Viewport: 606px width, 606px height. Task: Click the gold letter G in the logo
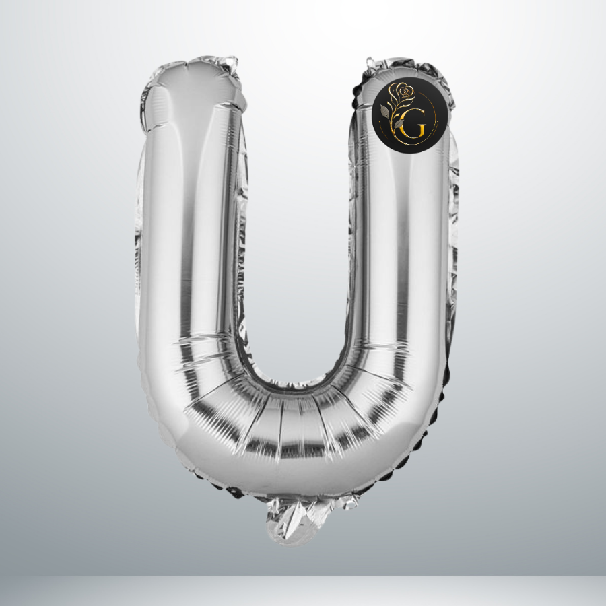pyautogui.click(x=413, y=124)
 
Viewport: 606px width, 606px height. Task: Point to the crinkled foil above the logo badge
pyautogui.click(x=409, y=69)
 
